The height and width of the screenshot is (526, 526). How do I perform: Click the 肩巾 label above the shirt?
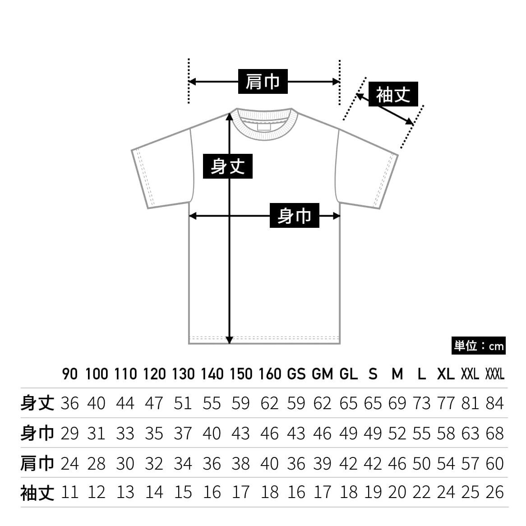point(263,82)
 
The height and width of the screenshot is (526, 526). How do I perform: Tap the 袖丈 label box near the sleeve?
point(393,94)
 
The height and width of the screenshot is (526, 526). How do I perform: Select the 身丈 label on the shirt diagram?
point(228,166)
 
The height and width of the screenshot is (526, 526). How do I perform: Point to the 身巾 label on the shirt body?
point(295,215)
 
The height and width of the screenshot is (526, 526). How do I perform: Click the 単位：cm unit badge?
point(478,346)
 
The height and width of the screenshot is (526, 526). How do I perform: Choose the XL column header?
point(446,374)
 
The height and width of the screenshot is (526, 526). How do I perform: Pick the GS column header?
point(296,374)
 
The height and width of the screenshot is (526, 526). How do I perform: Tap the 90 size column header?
point(70,374)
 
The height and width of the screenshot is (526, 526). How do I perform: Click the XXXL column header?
point(495,374)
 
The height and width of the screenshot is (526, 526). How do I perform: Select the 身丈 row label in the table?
point(37,403)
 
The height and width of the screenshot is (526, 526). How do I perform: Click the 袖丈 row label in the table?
point(37,493)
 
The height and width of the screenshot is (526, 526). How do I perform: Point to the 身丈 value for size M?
point(397,403)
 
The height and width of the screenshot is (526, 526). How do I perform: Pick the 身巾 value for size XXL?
point(470,434)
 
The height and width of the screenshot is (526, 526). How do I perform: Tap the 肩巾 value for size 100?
point(96,464)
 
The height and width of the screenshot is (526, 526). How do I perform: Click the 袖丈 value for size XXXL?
point(495,493)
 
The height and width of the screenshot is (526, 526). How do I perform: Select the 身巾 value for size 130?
point(183,434)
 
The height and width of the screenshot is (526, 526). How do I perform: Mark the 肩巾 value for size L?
point(421,464)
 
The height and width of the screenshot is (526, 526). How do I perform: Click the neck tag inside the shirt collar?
point(264,127)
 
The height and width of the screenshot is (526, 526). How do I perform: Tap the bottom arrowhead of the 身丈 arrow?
point(230,340)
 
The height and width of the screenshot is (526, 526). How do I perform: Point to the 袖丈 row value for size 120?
point(154,493)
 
